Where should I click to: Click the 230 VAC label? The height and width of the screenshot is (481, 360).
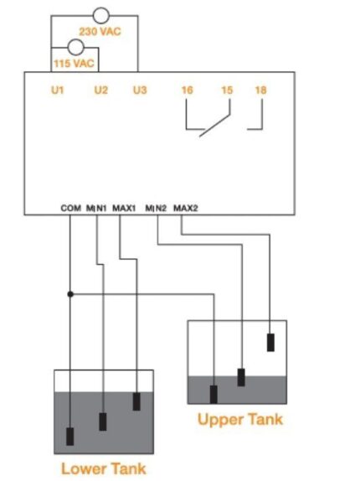(100, 31)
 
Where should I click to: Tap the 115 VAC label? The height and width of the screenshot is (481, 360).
(74, 64)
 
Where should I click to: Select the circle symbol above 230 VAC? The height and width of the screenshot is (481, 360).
(101, 15)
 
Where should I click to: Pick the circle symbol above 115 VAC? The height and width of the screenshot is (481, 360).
(75, 47)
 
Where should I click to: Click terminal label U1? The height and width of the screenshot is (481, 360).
(57, 91)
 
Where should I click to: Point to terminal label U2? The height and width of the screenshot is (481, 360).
(100, 91)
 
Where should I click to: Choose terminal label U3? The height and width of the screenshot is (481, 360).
(140, 91)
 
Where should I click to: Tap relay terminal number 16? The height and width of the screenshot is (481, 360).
(188, 91)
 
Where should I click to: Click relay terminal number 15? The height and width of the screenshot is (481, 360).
(227, 91)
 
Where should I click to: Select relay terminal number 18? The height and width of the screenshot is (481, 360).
(260, 91)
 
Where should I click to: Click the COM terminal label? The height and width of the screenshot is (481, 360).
(71, 208)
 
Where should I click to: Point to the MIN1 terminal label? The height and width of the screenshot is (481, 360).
(96, 209)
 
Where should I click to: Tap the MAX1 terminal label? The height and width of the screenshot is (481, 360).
(124, 209)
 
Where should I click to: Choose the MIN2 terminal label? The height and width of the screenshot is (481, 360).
(156, 209)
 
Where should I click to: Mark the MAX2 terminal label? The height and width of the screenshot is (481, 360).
(186, 209)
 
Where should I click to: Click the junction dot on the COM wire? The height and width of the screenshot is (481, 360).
(70, 294)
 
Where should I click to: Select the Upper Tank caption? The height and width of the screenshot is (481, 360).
(240, 419)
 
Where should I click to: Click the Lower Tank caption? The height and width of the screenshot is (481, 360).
(104, 468)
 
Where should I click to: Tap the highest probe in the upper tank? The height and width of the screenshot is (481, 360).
(270, 343)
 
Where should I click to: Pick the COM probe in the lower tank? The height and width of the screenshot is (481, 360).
(69, 437)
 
